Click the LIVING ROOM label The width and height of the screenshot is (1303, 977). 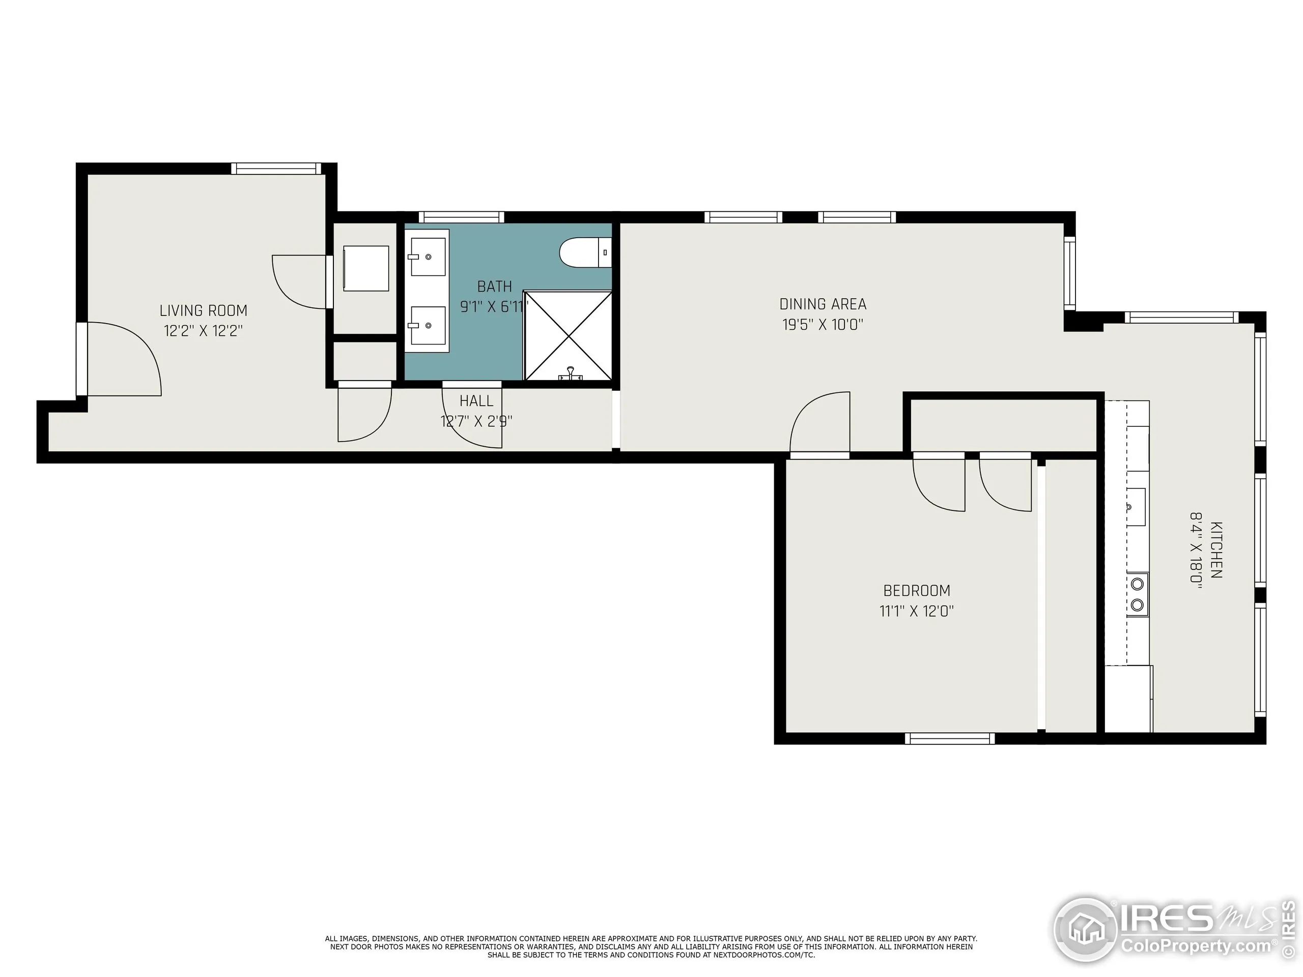pos(203,310)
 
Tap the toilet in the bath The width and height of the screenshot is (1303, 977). pos(583,252)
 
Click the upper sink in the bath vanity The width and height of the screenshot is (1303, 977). pos(428,257)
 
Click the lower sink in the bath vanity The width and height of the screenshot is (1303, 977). pos(428,325)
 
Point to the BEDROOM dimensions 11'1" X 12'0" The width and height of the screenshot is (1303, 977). pos(917,611)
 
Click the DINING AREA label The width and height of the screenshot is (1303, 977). pos(823,304)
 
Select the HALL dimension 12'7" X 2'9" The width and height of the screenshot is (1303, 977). pos(476,421)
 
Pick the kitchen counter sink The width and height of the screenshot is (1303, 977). pos(1136,506)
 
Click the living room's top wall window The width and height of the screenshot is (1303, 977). pos(276,169)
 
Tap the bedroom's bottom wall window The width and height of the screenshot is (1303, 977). pos(950,738)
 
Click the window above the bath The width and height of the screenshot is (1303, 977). pos(461,217)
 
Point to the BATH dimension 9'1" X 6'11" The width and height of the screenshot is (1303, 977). pos(494,307)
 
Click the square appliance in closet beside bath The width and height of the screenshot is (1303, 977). pos(366,268)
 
